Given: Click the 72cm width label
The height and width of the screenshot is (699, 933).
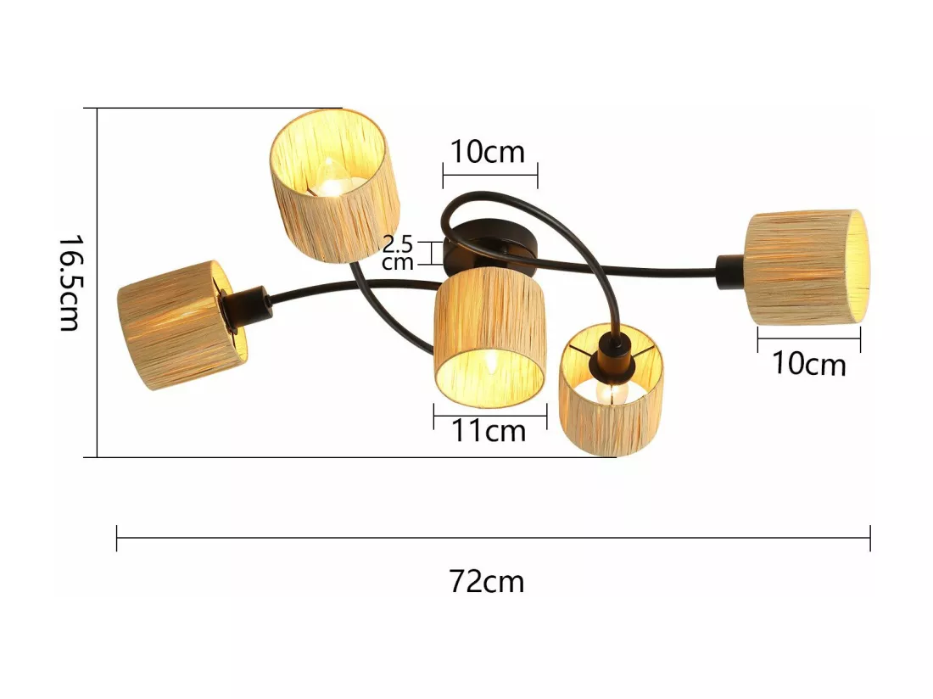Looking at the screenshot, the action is [487, 582].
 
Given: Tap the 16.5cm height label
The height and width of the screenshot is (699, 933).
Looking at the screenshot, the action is [70, 283].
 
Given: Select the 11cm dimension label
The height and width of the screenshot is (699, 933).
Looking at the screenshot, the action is [489, 431].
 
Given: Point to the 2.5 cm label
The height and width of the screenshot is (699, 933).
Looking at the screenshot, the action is [398, 253].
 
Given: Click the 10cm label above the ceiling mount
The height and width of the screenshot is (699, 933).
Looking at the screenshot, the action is [488, 152].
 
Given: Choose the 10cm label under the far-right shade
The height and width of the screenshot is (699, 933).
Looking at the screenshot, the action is [808, 363].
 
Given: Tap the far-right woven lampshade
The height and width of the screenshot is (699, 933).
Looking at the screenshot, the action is [807, 267].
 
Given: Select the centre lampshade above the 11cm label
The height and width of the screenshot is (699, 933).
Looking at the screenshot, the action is [489, 338].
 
